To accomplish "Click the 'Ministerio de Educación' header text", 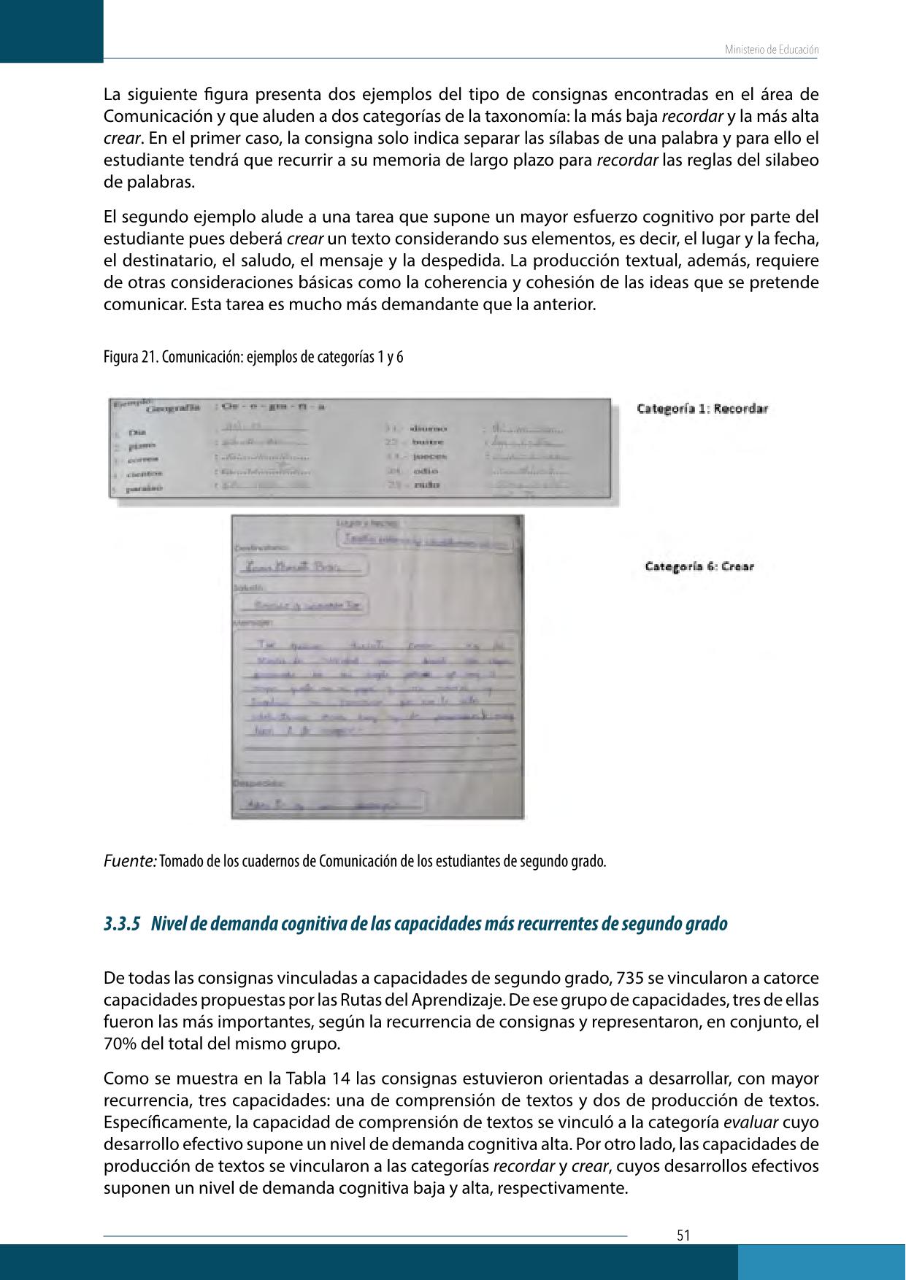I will click(772, 50).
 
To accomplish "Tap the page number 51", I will click(683, 1235).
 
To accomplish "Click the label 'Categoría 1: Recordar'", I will click(702, 409).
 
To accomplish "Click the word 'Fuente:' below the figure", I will click(130, 860).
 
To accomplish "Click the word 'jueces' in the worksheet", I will click(429, 457).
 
